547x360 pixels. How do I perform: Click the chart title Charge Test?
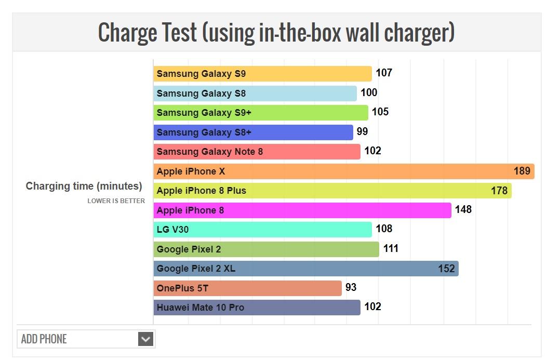[x=276, y=32]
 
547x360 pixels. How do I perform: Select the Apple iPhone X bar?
[x=343, y=171]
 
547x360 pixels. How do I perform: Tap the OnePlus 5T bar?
[x=247, y=288]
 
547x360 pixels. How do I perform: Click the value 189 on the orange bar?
[x=522, y=171]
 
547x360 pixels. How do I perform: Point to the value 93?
[x=351, y=287]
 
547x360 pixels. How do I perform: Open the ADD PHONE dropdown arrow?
[x=146, y=339]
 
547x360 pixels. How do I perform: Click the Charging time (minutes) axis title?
[x=84, y=186]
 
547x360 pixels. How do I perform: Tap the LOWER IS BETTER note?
[x=116, y=201]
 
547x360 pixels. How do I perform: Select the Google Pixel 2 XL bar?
[x=305, y=269]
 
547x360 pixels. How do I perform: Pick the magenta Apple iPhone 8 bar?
[x=302, y=210]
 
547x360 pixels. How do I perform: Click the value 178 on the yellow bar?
[x=499, y=191]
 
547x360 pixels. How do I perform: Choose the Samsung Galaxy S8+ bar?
[x=253, y=132]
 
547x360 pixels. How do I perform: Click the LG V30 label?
[x=172, y=230]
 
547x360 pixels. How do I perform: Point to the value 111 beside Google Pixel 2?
[x=391, y=249]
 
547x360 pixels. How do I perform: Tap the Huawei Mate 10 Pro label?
[x=200, y=308]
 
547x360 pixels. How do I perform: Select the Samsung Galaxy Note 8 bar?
[x=257, y=152]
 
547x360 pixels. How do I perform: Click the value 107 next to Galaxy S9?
[x=384, y=73]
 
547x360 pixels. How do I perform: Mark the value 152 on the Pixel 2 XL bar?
[x=446, y=269]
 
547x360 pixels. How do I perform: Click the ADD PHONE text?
[x=44, y=339]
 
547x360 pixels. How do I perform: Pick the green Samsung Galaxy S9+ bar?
[x=260, y=113]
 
